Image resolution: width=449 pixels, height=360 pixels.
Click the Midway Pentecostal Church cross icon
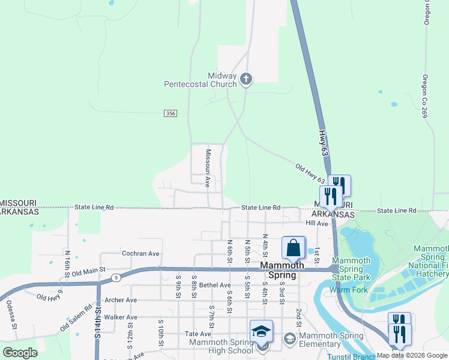[x=246, y=79]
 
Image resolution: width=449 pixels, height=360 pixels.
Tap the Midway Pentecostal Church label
[x=200, y=80]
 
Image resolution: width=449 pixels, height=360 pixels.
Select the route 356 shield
[x=170, y=113]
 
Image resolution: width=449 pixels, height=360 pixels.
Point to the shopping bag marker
[x=293, y=248]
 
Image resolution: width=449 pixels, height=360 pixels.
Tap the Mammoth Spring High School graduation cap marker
[x=261, y=331]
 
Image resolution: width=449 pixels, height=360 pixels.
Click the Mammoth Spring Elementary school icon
[x=291, y=339]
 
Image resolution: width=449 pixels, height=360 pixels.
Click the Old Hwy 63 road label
[x=310, y=173]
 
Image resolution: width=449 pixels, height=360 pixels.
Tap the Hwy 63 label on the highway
[x=324, y=143]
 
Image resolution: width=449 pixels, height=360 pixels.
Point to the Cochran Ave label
[x=140, y=254]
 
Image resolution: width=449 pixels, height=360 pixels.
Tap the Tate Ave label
[x=199, y=334]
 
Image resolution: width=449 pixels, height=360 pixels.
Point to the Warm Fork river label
[x=343, y=290]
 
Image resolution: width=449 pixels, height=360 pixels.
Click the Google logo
[x=20, y=353]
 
